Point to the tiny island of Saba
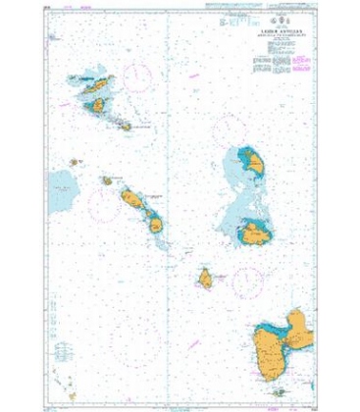click(74, 163)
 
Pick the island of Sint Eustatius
click(105, 180)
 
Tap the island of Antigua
click(256, 233)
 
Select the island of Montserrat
click(206, 280)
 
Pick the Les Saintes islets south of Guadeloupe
click(277, 389)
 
